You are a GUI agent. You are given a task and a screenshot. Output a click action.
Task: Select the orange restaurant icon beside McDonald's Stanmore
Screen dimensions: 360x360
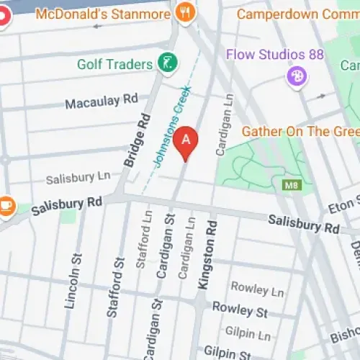(x=186, y=13)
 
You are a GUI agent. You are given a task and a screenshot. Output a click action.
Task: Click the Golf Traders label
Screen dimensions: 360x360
(x=114, y=63)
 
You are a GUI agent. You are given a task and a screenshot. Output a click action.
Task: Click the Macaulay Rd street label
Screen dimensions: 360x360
(x=101, y=102)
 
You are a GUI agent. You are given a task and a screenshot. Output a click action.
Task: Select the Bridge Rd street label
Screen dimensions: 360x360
(x=138, y=141)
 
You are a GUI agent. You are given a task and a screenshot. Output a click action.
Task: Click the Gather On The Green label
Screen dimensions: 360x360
(x=300, y=131)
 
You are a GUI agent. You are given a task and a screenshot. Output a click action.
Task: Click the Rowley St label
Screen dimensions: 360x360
(x=240, y=310)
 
